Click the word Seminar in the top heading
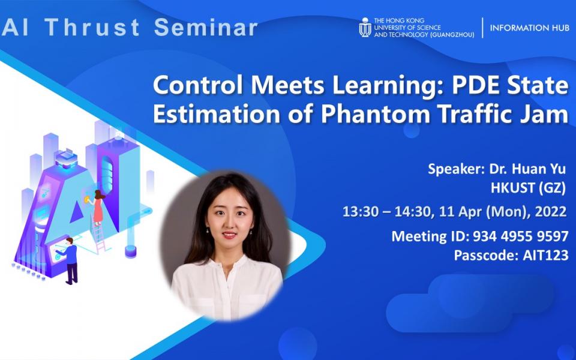click(206, 27)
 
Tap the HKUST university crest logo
click(365, 27)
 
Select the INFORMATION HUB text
click(529, 28)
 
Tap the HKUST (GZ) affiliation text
click(528, 188)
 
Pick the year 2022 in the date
click(551, 212)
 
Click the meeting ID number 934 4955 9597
click(521, 236)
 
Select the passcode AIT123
click(545, 255)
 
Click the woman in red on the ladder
click(98, 208)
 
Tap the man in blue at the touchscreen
click(70, 261)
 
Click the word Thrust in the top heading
click(92, 27)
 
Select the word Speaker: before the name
click(456, 169)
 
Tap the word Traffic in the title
click(479, 114)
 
